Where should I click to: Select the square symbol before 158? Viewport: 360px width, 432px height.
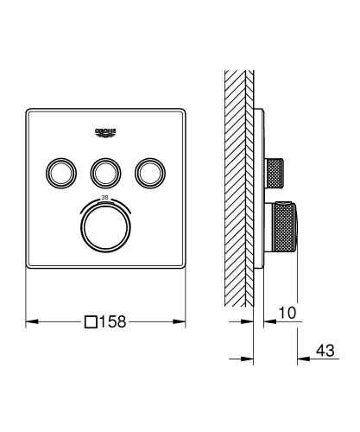[x=92, y=322]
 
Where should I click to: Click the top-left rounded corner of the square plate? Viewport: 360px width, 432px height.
[x=30, y=110]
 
